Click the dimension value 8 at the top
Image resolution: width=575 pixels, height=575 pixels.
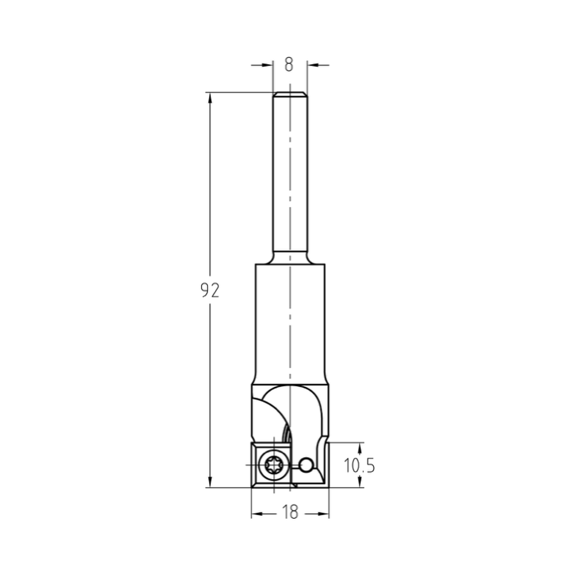[x=289, y=64]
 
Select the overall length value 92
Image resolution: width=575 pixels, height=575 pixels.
[x=210, y=291]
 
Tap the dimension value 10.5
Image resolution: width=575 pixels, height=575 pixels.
[x=359, y=465]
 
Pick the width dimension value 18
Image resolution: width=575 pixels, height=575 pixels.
[x=290, y=512]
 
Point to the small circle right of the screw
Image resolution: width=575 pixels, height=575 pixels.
[x=307, y=463]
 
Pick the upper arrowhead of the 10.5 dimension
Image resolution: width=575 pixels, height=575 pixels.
[x=360, y=447]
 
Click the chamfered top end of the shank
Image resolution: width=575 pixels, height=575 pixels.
[x=290, y=94]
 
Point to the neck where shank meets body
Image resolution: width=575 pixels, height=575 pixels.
[x=290, y=260]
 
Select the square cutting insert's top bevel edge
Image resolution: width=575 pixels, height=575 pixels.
[x=270, y=445]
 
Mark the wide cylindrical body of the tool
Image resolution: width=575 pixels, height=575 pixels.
[x=290, y=322]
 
